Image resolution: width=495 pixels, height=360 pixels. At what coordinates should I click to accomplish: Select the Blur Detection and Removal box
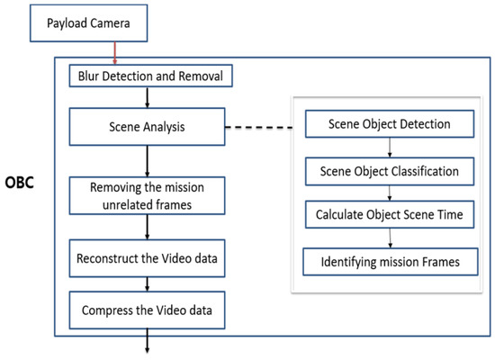pos(150,76)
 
